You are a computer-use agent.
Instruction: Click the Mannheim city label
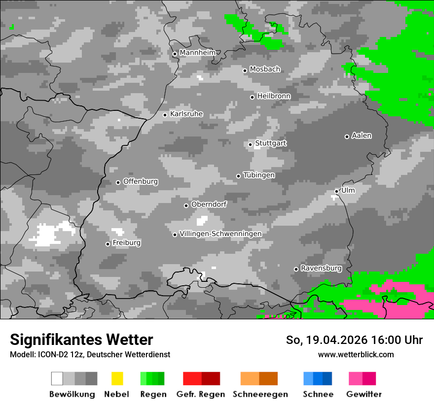point(198,53)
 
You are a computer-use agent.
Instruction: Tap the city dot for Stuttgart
point(251,144)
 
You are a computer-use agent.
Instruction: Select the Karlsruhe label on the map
point(186,114)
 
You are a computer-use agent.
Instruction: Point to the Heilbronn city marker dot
point(253,97)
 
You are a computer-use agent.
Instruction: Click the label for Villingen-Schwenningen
point(220,234)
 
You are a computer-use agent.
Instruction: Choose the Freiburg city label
point(127,243)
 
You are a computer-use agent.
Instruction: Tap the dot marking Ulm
point(337,191)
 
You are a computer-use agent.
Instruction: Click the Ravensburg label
point(321,269)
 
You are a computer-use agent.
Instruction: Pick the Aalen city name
point(362,136)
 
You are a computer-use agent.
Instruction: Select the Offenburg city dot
point(118,182)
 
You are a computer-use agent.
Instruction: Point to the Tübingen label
point(259,175)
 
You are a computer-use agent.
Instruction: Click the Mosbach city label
point(265,69)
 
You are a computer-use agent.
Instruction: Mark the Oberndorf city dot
point(186,205)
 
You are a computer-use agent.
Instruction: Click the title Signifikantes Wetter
point(81,340)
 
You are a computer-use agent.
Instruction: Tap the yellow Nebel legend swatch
point(117,378)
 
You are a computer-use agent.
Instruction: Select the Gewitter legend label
point(364,394)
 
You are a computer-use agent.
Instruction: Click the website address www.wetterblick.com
point(356,355)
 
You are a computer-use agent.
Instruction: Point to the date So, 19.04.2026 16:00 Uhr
point(354,340)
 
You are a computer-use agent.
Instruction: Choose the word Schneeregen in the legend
point(260,394)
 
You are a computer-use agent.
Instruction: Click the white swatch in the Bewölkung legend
point(57,378)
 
